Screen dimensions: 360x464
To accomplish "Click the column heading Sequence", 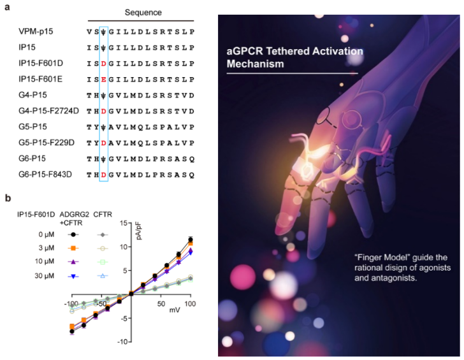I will [144, 13].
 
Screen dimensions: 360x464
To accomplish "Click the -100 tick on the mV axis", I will [71, 303].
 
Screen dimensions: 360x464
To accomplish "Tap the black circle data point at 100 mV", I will [190, 240].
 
